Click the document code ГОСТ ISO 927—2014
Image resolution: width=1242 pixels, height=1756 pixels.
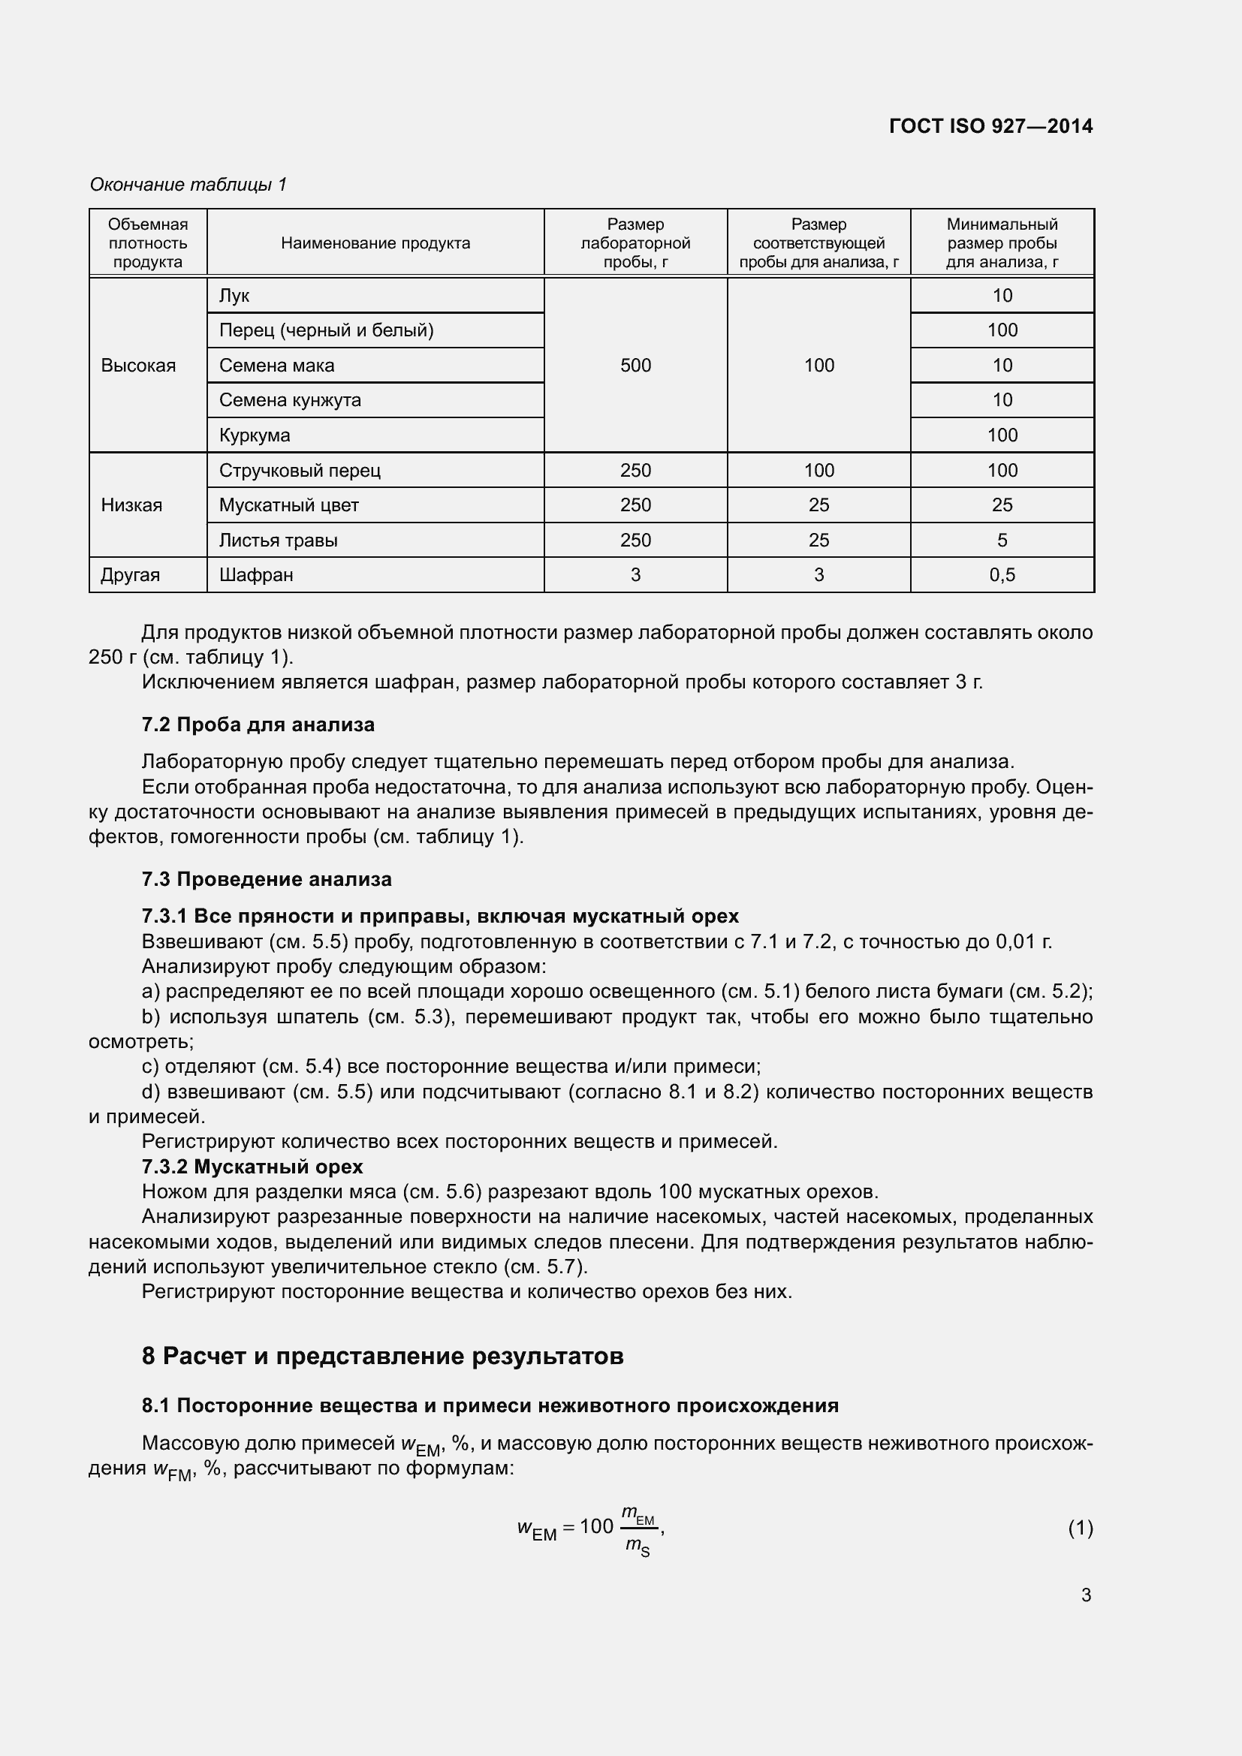coord(990,126)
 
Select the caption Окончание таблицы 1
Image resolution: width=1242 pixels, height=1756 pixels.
coord(188,185)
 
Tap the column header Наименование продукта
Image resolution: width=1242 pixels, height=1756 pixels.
coord(375,243)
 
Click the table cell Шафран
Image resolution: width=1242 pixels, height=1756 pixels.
coord(256,574)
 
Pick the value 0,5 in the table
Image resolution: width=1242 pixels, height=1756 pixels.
coord(1001,574)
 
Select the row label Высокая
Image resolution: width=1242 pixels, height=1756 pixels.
coord(138,366)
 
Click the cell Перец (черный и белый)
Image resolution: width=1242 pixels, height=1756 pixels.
coord(326,330)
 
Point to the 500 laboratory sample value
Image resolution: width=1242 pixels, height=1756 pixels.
coord(635,366)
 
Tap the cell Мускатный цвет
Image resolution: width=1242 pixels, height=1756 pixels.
coord(288,505)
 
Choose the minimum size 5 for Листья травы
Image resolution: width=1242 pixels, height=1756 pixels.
coord(1001,540)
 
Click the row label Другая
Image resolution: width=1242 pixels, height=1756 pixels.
coord(131,574)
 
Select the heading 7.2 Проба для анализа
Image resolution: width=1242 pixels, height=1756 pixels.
coord(258,724)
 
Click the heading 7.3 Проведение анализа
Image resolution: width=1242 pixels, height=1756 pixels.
coord(266,879)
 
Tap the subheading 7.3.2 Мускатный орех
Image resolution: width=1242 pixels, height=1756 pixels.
coord(252,1167)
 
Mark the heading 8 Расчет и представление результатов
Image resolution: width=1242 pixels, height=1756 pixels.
coord(382,1356)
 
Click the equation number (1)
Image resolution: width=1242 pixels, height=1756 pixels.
coord(1079,1529)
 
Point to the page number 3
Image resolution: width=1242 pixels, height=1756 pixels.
coord(1085,1595)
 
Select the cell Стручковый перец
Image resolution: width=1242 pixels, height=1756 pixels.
coord(300,471)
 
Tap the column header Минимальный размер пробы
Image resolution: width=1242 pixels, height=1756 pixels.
coord(1001,243)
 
